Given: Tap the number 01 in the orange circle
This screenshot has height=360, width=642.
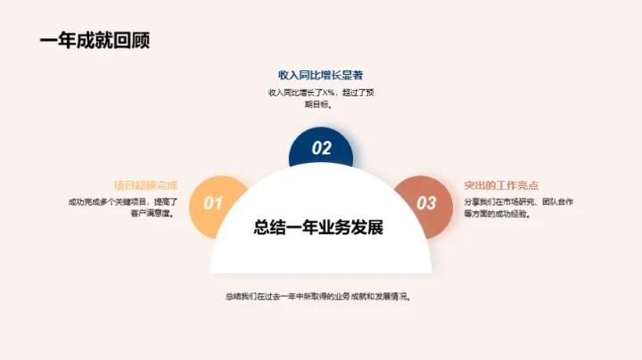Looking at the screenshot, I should pos(213,203).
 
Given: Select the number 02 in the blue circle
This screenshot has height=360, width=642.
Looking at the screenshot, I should pos(321,149).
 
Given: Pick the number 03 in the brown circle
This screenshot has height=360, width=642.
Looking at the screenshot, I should pos(426,203).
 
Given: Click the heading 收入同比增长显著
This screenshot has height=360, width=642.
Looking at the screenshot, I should pos(320,75).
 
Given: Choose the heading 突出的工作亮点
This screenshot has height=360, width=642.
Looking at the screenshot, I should pos(501,185).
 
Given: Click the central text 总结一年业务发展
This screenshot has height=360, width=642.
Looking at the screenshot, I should pos(318,227).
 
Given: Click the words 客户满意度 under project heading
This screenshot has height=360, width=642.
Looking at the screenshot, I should pos(148,214).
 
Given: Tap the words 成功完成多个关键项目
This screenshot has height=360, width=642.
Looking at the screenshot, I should pos(103,202).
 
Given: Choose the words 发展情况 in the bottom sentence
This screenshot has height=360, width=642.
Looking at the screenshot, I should pos(394,296).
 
